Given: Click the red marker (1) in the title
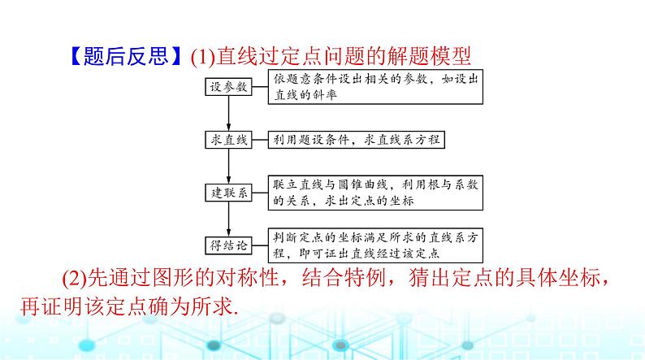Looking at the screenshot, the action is click(201, 58).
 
